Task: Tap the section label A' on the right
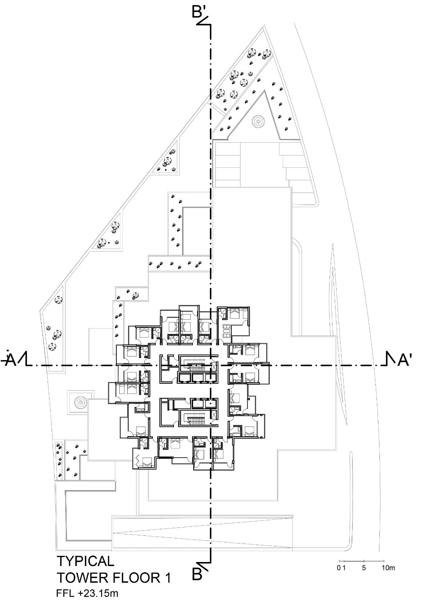coord(405,360)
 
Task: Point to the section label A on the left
coord(10,360)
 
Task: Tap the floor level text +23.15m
coord(98,593)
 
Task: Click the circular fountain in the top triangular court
coord(258,121)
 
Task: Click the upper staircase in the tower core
coord(193,363)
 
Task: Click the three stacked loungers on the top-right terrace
coord(226,328)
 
